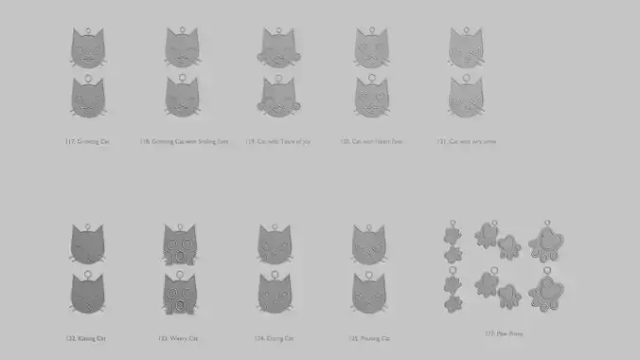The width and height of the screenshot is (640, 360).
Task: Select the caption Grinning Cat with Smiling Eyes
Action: point(184,142)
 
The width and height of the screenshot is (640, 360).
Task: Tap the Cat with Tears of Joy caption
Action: point(284,142)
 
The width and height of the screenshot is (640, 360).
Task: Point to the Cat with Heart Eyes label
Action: point(371,142)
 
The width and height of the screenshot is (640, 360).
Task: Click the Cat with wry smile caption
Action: point(466,142)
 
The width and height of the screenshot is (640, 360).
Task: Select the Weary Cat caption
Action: point(178,338)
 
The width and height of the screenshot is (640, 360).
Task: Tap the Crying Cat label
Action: point(275,338)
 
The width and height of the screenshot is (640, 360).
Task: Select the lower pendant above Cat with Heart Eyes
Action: point(371,97)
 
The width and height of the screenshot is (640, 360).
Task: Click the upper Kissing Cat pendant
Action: point(87,244)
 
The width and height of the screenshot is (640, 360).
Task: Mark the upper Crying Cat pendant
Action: point(276,244)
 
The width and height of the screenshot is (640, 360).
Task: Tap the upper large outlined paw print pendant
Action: point(548,243)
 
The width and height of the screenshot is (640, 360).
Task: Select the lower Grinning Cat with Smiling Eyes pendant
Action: point(183,97)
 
